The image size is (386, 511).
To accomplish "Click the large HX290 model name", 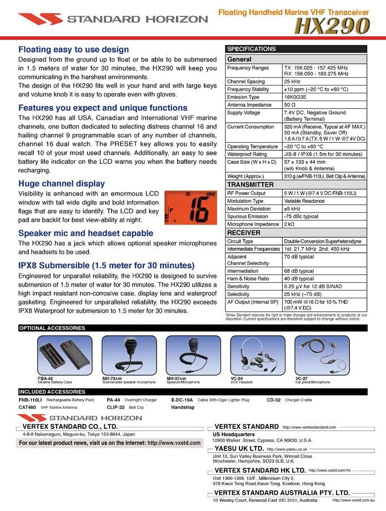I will [333, 26].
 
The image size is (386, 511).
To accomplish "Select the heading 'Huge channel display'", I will [61, 183].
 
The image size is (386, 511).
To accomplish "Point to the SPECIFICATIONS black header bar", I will [296, 49].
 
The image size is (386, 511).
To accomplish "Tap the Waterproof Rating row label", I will [247, 154].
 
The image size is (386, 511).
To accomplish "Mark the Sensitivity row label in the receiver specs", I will [238, 286].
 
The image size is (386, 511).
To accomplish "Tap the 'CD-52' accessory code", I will [273, 399].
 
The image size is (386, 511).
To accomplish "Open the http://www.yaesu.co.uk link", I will [287, 449].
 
